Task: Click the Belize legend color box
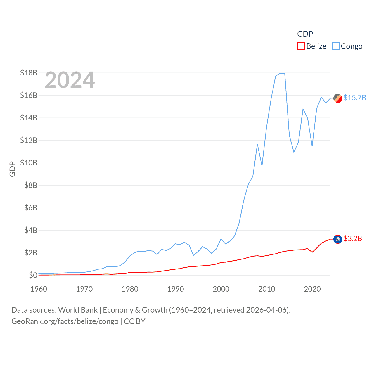pyautogui.click(x=301, y=46)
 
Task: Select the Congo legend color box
pyautogui.click(x=336, y=46)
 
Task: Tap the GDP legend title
pyautogui.click(x=305, y=34)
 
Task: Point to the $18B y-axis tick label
pyautogui.click(x=29, y=73)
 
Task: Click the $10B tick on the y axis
pyautogui.click(x=29, y=163)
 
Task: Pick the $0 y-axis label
pyautogui.click(x=33, y=275)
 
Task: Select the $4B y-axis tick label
pyautogui.click(x=31, y=230)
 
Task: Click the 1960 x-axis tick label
pyautogui.click(x=39, y=289)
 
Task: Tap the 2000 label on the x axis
pyautogui.click(x=221, y=289)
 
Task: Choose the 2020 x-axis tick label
pyautogui.click(x=312, y=289)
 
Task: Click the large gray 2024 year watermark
pyautogui.click(x=70, y=80)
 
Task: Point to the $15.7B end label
pyautogui.click(x=355, y=98)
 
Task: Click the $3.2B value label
pyautogui.click(x=353, y=239)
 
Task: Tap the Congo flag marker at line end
pyautogui.click(x=338, y=98)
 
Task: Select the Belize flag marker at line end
pyautogui.click(x=338, y=239)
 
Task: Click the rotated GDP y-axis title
pyautogui.click(x=12, y=169)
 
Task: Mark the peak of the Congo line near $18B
pyautogui.click(x=280, y=73)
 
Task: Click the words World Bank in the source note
pyautogui.click(x=78, y=310)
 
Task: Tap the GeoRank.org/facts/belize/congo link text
pyautogui.click(x=65, y=321)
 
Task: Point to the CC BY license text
pyautogui.click(x=135, y=321)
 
